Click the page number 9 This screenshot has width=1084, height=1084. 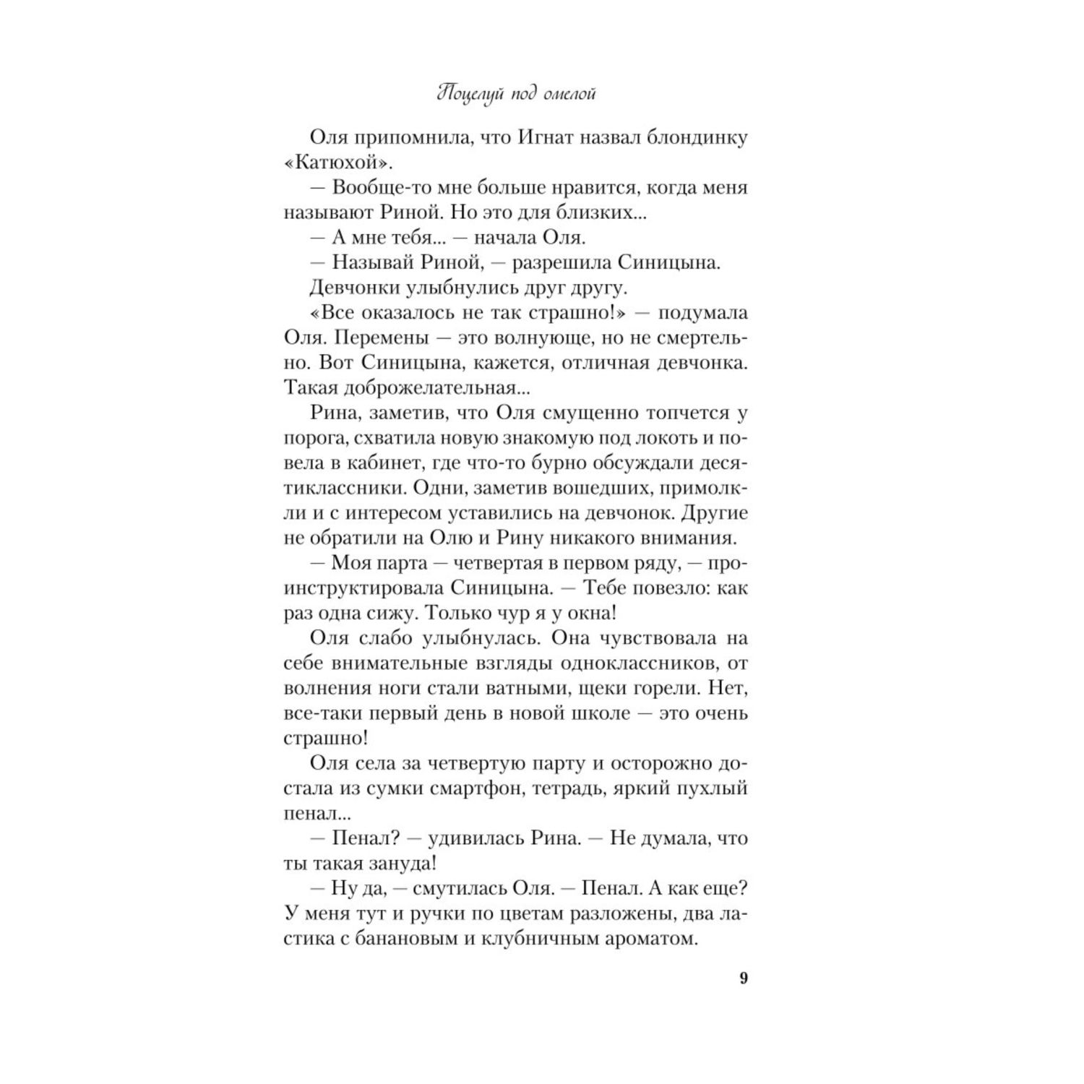744,978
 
